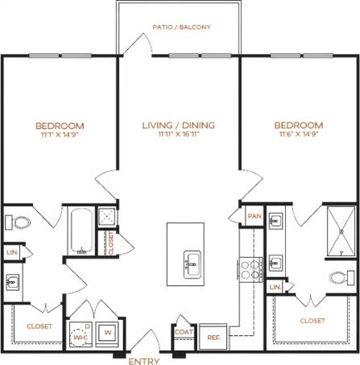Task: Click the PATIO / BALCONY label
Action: tap(181, 27)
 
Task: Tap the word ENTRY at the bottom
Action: tap(144, 359)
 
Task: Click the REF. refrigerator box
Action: tap(213, 337)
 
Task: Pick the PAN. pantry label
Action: tap(254, 216)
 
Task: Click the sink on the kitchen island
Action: tap(192, 261)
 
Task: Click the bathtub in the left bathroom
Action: tap(78, 231)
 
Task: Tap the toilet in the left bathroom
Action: tap(19, 222)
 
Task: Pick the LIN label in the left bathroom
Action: tap(12, 252)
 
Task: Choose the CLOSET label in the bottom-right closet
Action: tap(312, 320)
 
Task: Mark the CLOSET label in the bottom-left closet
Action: tap(39, 326)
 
